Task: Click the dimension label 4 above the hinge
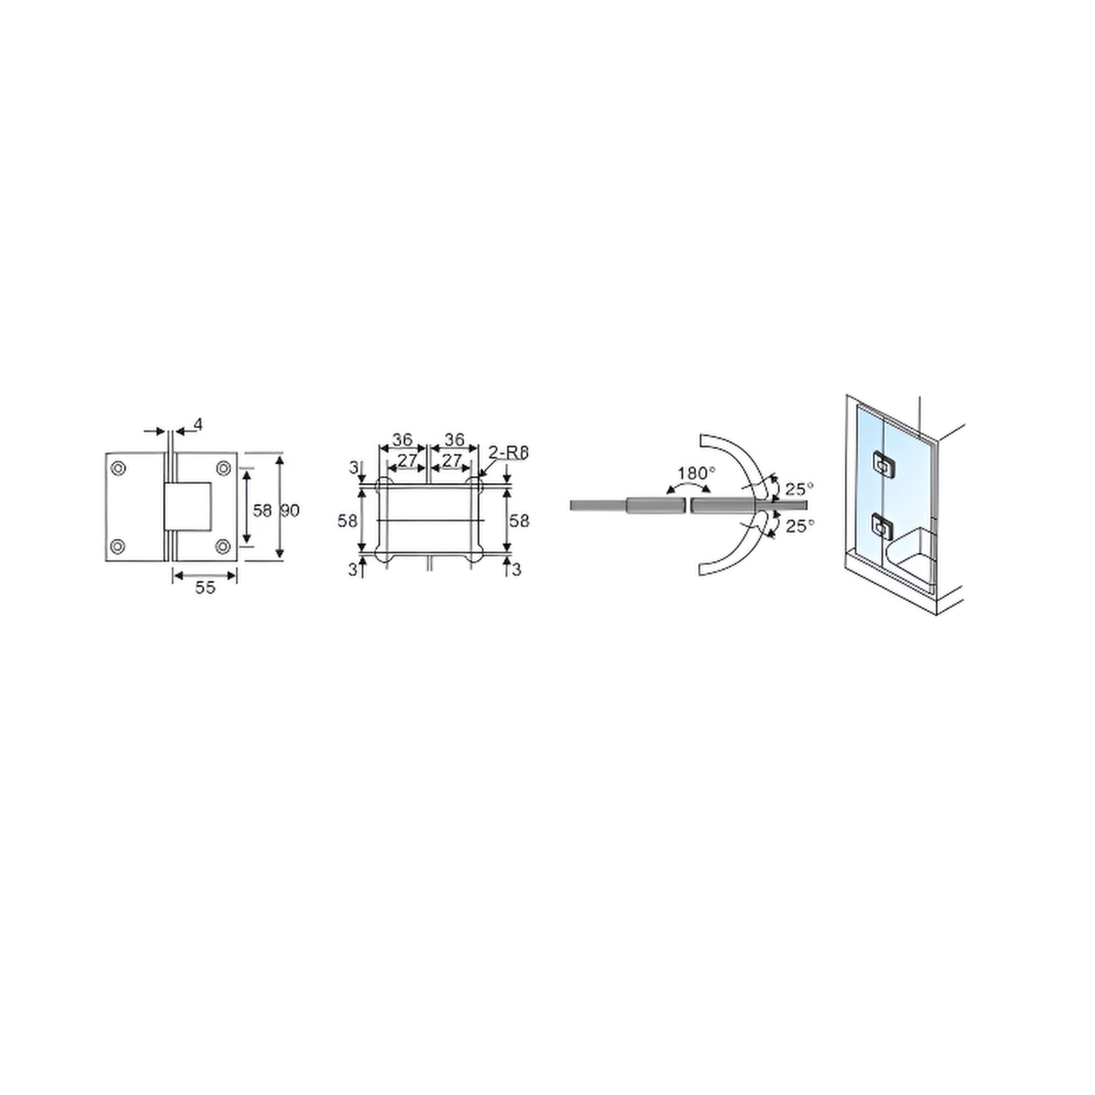pos(198,425)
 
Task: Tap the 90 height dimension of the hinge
pos(290,510)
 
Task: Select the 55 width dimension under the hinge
pos(205,587)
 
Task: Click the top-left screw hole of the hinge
pos(118,468)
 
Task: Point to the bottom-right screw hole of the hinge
pos(223,547)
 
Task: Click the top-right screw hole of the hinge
pos(223,468)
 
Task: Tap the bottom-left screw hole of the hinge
pos(117,547)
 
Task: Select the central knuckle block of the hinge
pos(187,507)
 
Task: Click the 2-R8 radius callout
pos(508,452)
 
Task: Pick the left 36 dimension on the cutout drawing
pos(402,440)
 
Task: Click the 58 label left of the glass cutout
pos(348,520)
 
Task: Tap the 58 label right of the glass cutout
pos(519,520)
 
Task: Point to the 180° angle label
pos(696,474)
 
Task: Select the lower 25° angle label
pos(799,526)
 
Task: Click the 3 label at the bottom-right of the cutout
pos(516,570)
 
